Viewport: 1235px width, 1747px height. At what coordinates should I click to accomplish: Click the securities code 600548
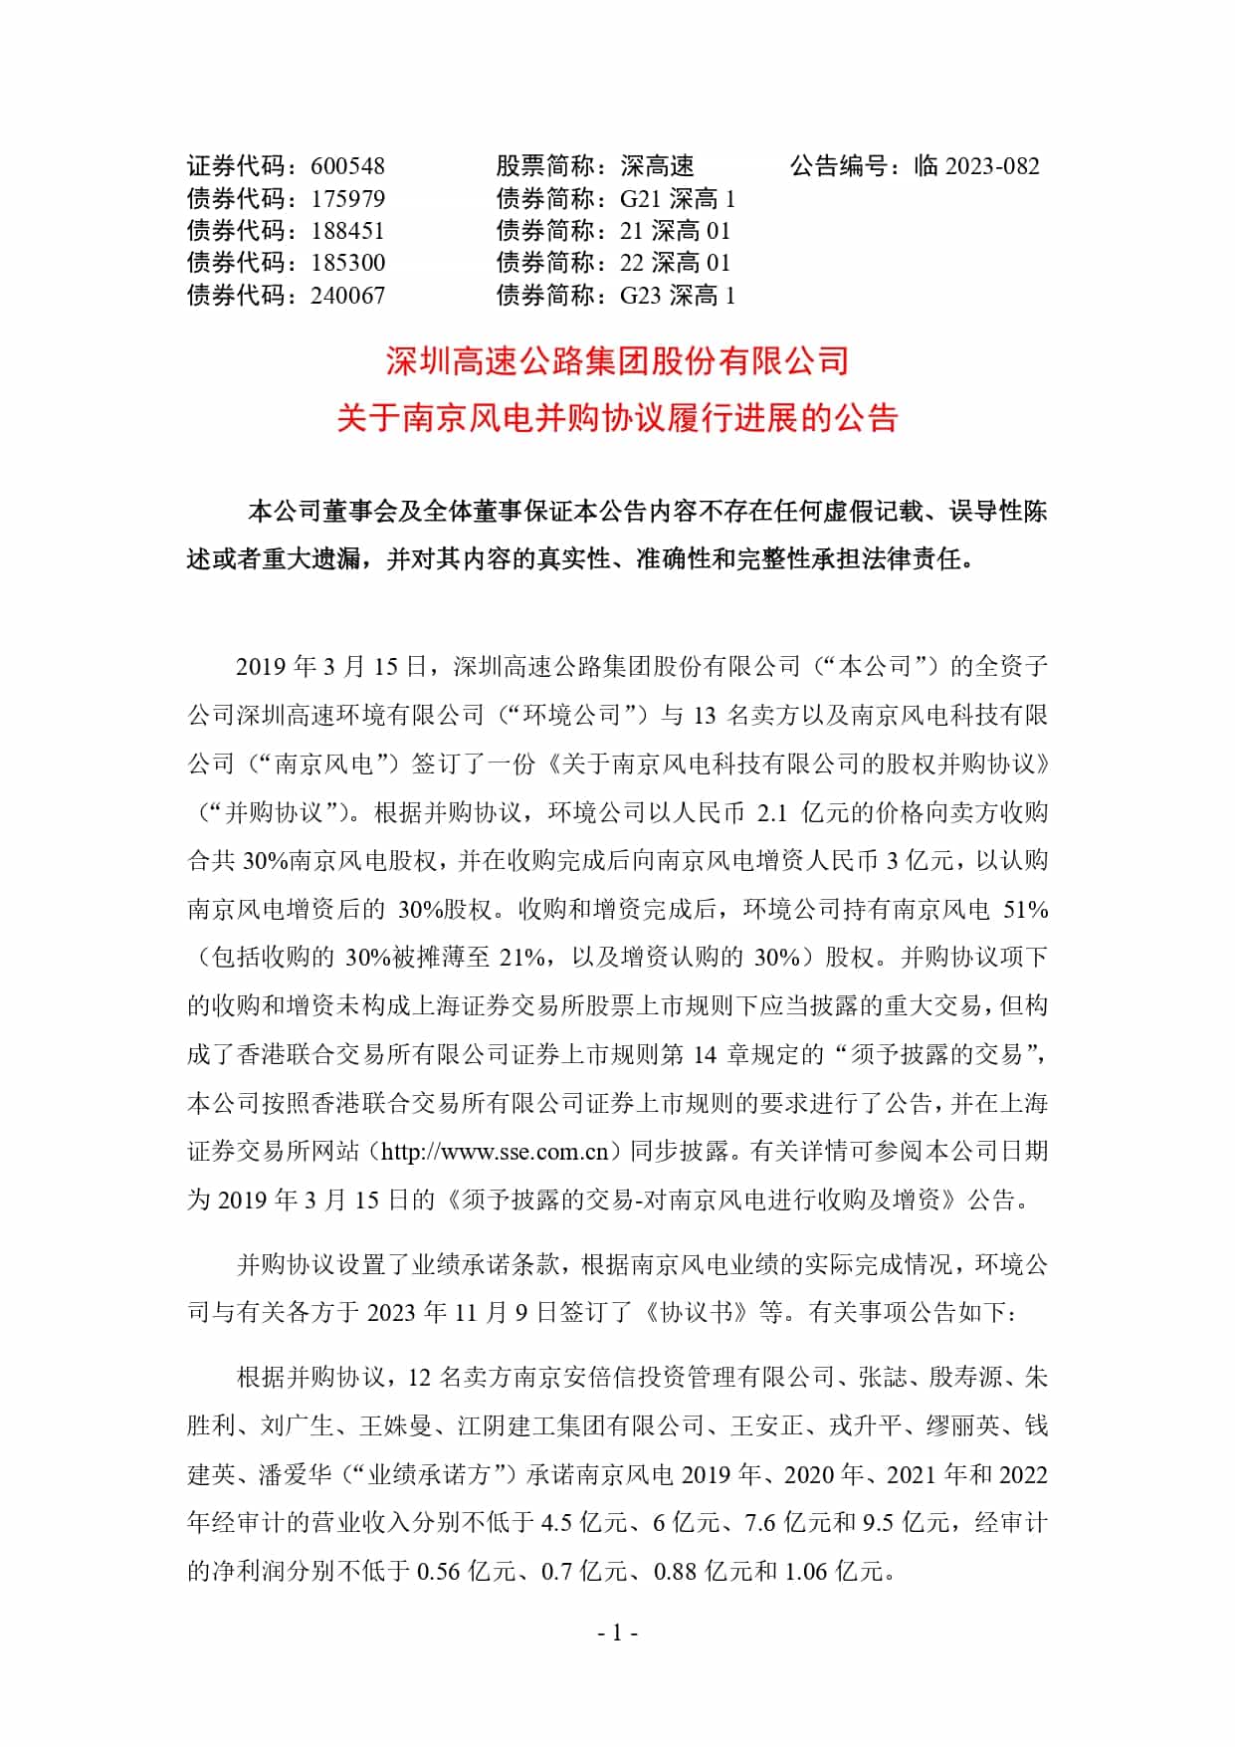pyautogui.click(x=347, y=166)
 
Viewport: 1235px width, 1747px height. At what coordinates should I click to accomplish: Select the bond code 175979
pyautogui.click(x=347, y=199)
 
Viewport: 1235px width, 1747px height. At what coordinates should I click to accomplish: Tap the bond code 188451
pyautogui.click(x=347, y=231)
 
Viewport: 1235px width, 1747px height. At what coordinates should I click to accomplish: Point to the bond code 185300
pyautogui.click(x=347, y=263)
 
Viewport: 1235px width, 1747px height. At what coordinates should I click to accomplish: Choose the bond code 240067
pyautogui.click(x=347, y=296)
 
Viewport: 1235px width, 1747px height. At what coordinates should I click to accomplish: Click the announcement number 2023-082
pyautogui.click(x=991, y=166)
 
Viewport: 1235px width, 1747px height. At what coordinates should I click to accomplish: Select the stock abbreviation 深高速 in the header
pyautogui.click(x=657, y=166)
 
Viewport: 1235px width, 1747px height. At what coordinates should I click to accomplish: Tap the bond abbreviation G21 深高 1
pyautogui.click(x=677, y=199)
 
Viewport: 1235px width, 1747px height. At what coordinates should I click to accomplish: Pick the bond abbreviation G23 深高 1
pyautogui.click(x=677, y=296)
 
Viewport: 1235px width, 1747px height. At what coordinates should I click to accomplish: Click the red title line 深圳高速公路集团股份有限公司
pyautogui.click(x=617, y=360)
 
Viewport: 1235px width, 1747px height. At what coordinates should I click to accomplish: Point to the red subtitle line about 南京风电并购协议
pyautogui.click(x=617, y=418)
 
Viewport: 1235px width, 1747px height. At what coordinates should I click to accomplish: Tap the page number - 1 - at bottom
pyautogui.click(x=617, y=1633)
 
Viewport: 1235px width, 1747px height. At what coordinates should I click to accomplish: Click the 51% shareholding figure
pyautogui.click(x=1025, y=910)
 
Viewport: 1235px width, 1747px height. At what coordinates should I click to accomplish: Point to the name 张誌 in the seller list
pyautogui.click(x=883, y=1378)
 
